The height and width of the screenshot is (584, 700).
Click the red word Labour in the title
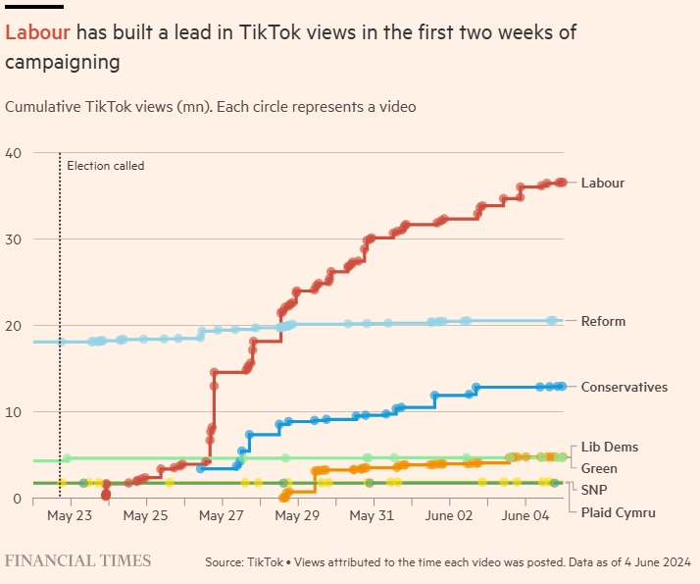pyautogui.click(x=37, y=32)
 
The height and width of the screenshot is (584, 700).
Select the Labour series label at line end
pyautogui.click(x=602, y=183)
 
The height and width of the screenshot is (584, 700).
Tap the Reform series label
pyautogui.click(x=602, y=321)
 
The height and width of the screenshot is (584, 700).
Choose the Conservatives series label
pyautogui.click(x=624, y=387)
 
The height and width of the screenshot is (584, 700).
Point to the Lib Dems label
pyautogui.click(x=609, y=448)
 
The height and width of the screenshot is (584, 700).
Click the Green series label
pyautogui.click(x=599, y=469)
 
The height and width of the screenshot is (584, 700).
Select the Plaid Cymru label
pyautogui.click(x=618, y=512)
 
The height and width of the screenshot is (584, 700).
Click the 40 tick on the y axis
pyautogui.click(x=13, y=153)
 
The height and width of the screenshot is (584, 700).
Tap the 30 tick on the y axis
pyautogui.click(x=13, y=239)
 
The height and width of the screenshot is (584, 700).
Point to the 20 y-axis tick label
pyautogui.click(x=13, y=326)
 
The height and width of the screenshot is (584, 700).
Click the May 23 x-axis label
pyautogui.click(x=69, y=515)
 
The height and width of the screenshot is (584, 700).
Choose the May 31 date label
pyautogui.click(x=374, y=515)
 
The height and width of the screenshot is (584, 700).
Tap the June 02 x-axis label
pyautogui.click(x=450, y=515)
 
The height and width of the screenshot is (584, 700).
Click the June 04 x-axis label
pyautogui.click(x=526, y=515)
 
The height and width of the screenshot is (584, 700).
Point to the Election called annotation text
pyautogui.click(x=105, y=166)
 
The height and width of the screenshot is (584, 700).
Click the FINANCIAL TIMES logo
pyautogui.click(x=78, y=560)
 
